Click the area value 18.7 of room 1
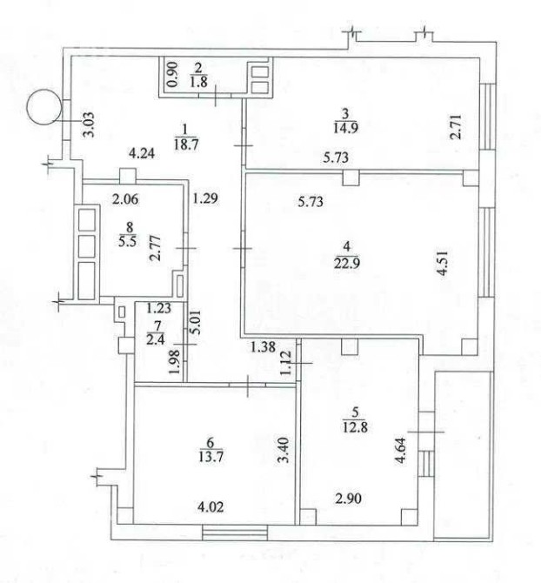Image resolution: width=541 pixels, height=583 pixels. click(186, 144)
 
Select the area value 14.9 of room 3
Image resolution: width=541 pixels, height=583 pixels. click(346, 128)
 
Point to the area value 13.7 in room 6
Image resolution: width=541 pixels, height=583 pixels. click(210, 456)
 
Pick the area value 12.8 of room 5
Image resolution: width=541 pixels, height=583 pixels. click(355, 426)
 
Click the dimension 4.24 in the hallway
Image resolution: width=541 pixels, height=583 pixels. click(142, 153)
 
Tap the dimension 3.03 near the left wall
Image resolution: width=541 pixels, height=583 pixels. click(90, 124)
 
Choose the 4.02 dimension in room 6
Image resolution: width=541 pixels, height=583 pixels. click(211, 506)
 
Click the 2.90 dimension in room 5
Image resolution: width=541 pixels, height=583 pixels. click(348, 498)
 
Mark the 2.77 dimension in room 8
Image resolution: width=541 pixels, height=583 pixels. click(157, 248)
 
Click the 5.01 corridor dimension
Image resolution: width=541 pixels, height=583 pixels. click(196, 323)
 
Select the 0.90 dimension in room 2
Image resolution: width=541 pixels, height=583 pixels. click(173, 74)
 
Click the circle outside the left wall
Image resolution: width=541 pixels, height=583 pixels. click(44, 107)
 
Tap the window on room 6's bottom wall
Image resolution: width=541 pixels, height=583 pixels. click(235, 532)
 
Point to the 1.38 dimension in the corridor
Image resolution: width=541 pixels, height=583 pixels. click(263, 346)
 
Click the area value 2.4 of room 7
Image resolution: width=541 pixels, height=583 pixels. click(156, 339)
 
